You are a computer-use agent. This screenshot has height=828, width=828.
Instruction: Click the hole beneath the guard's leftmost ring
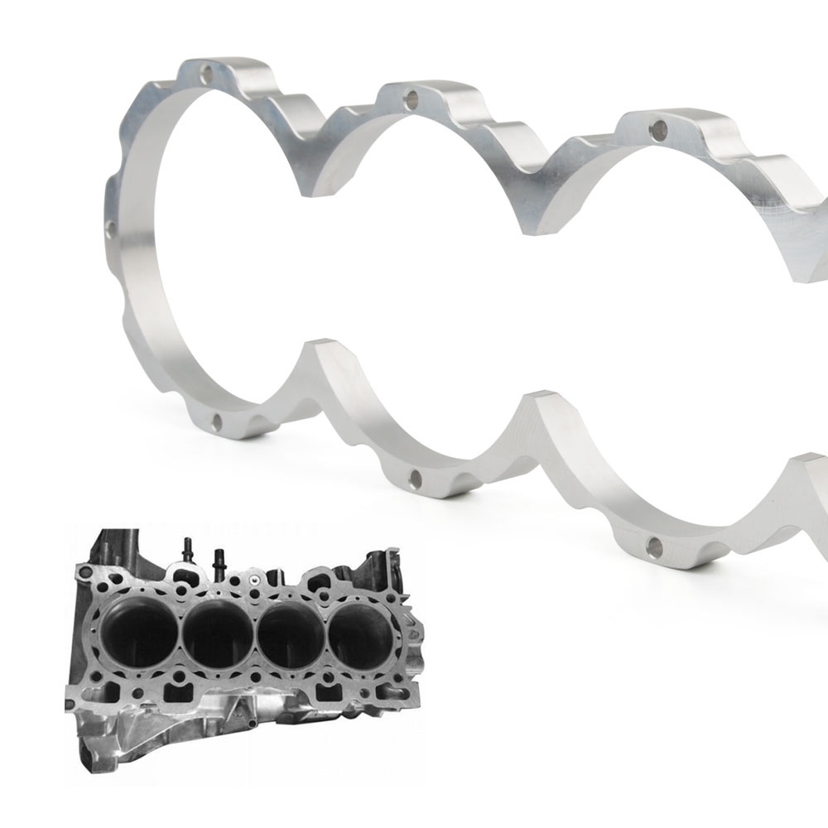click(217, 423)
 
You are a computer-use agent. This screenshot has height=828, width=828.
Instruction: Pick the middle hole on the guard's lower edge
click(415, 479)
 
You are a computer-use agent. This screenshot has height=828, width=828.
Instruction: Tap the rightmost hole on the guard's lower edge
click(655, 546)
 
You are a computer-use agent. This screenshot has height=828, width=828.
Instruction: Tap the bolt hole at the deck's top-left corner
click(83, 571)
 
